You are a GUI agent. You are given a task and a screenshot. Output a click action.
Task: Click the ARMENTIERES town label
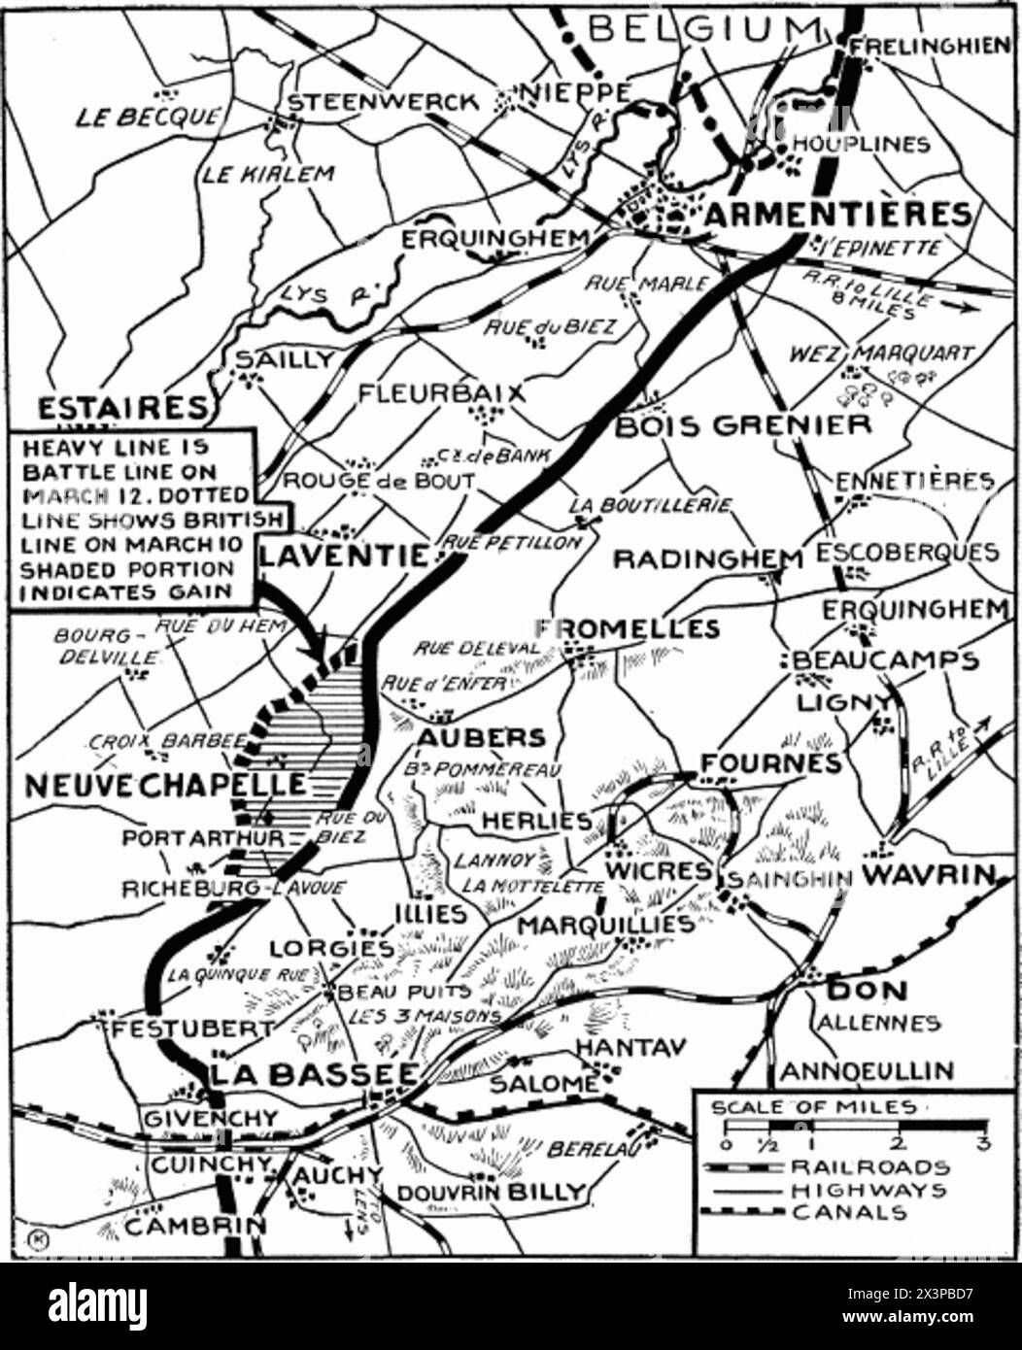(836, 215)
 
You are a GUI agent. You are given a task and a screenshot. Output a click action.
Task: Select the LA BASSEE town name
(315, 1074)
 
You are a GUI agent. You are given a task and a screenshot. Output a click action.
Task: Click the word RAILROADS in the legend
(869, 1166)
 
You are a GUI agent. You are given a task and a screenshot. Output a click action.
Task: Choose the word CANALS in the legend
(849, 1212)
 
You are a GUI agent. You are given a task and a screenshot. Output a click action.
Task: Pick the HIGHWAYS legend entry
(869, 1190)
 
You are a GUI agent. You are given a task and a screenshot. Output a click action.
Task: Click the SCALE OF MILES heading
(813, 1107)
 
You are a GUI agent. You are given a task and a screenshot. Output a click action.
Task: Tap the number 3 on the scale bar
(982, 1143)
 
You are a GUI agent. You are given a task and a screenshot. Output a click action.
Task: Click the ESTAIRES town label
(122, 407)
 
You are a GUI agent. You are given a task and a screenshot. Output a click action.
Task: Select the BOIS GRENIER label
(743, 425)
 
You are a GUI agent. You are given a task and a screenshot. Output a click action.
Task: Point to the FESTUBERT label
(192, 1028)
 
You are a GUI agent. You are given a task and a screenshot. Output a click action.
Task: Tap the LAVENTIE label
(343, 556)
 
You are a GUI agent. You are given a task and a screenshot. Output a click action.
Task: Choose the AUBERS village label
(481, 738)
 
